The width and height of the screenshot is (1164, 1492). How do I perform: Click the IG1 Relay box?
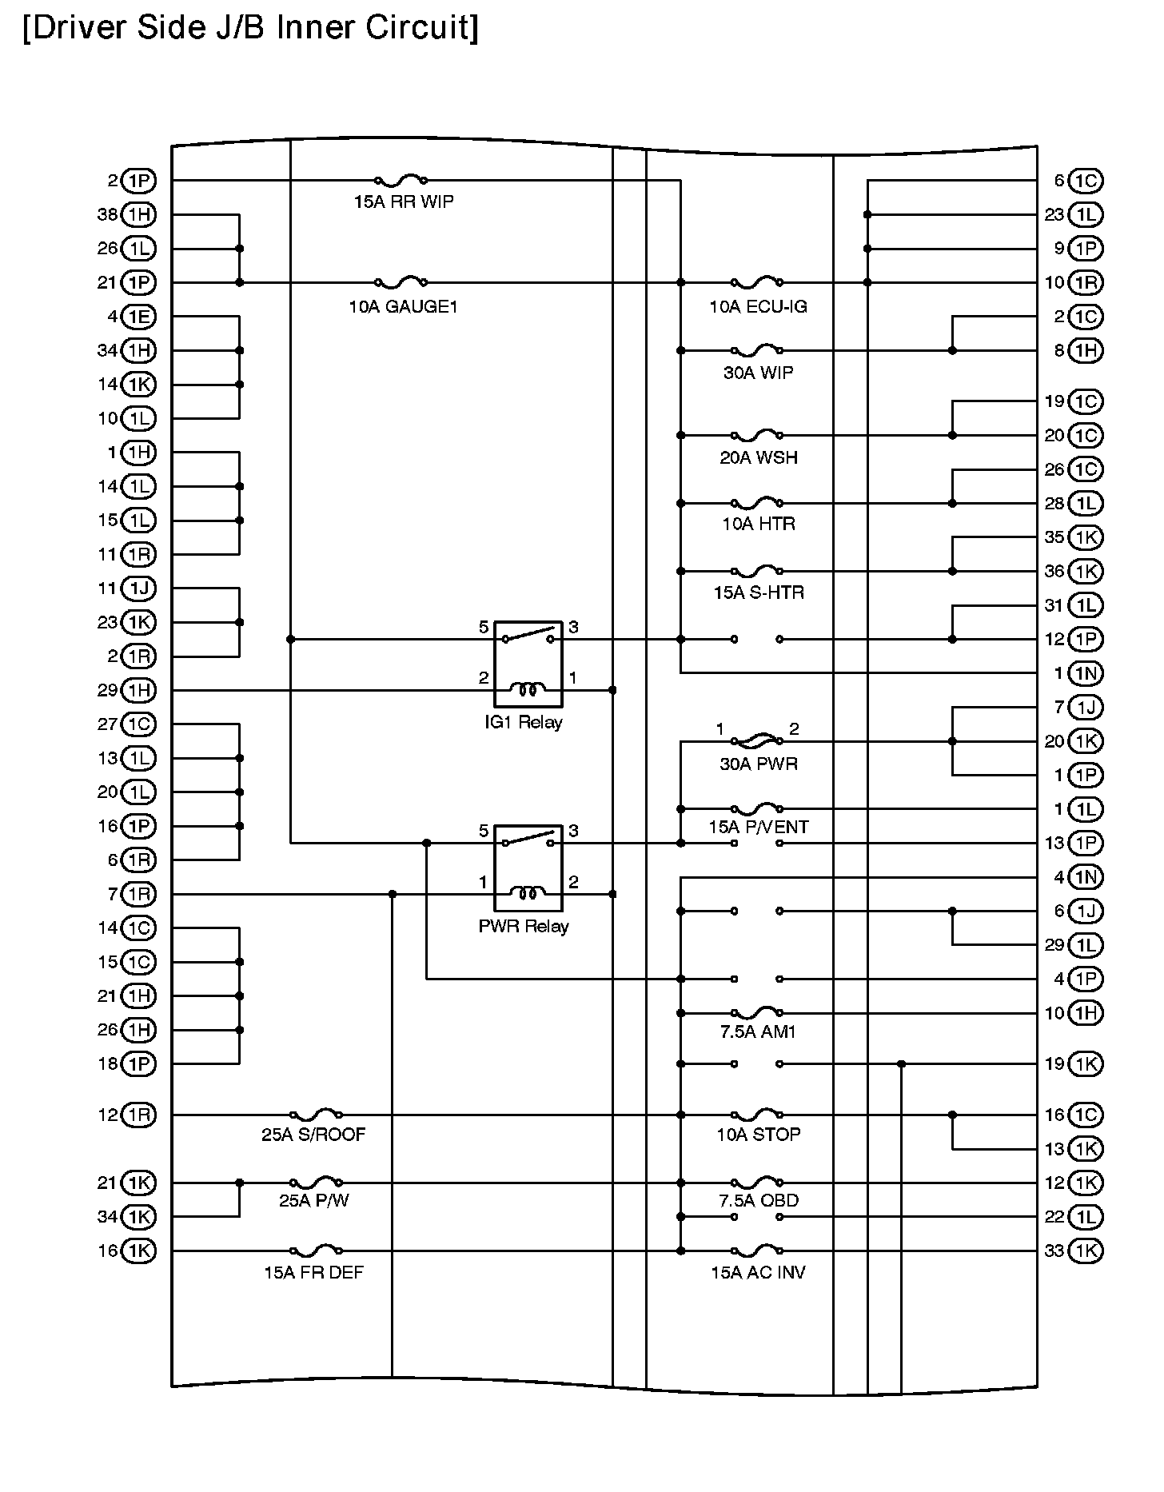click(528, 664)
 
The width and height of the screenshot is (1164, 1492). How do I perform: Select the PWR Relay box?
click(528, 868)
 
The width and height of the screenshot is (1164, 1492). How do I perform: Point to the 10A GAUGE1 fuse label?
click(403, 307)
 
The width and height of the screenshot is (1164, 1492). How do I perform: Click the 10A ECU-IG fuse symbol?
click(757, 281)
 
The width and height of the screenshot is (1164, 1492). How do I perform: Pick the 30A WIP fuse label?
click(758, 373)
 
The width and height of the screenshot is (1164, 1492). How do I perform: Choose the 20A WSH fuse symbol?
click(757, 435)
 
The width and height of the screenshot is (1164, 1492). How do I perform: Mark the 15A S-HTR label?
click(758, 593)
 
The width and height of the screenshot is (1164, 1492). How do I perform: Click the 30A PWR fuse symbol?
click(757, 740)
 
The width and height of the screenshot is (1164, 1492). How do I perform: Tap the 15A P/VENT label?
click(758, 828)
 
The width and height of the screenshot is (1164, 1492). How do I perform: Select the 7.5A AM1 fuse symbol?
click(757, 1012)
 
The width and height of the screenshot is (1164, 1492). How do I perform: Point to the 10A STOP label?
click(758, 1135)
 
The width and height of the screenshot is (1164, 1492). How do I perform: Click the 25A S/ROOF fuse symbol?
click(316, 1114)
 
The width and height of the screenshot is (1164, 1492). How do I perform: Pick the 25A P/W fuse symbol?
click(316, 1182)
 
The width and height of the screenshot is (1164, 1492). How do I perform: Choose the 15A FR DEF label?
click(313, 1273)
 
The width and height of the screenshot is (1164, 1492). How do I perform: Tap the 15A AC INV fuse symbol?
click(757, 1250)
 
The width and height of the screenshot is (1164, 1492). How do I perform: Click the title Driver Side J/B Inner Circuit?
click(250, 28)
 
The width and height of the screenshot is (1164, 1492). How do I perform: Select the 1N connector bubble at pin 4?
click(1085, 877)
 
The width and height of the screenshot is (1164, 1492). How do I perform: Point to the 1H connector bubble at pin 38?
click(139, 214)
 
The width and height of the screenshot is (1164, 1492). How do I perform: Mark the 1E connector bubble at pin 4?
click(139, 317)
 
